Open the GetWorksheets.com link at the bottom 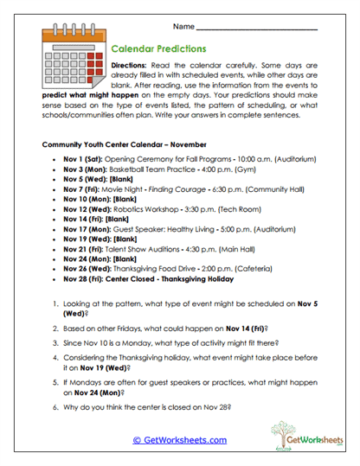pos(179,439)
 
